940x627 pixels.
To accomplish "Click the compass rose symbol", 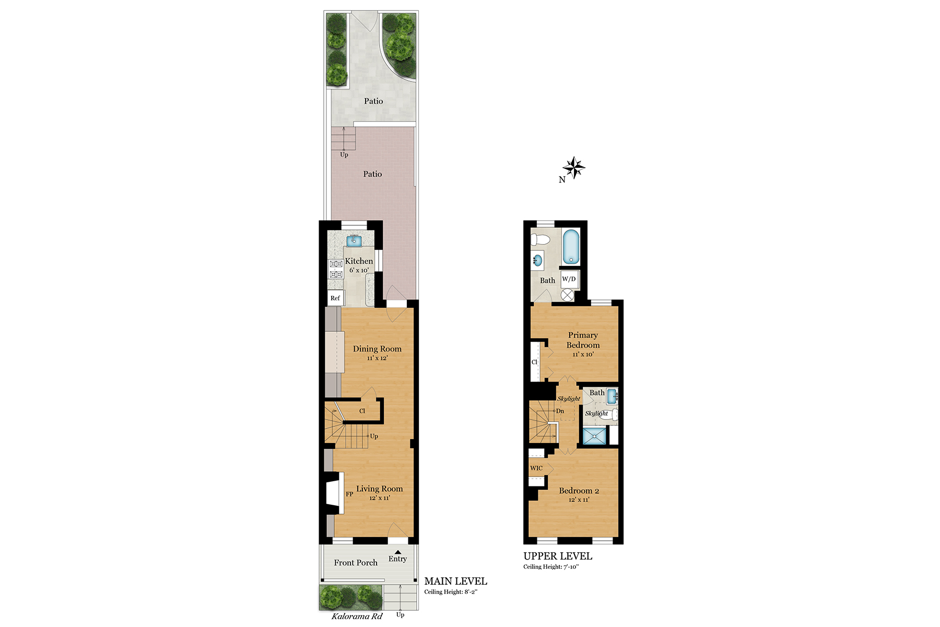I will pyautogui.click(x=574, y=168).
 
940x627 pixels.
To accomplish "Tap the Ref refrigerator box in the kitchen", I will pyautogui.click(x=335, y=298).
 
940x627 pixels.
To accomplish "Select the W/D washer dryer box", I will pyautogui.click(x=569, y=279).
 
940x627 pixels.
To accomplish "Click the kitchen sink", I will pyautogui.click(x=354, y=241).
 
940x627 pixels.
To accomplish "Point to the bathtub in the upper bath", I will pyautogui.click(x=571, y=247).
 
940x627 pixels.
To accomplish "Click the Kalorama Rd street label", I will pyautogui.click(x=357, y=617).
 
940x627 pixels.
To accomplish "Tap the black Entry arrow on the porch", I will pyautogui.click(x=397, y=552).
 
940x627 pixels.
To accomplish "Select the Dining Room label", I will pyautogui.click(x=377, y=349).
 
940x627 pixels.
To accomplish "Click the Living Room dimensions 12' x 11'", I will pyautogui.click(x=380, y=498).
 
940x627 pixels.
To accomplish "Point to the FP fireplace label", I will pyautogui.click(x=349, y=494).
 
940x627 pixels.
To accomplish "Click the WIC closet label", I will pyautogui.click(x=536, y=468).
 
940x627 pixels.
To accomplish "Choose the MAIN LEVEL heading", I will pyautogui.click(x=455, y=581).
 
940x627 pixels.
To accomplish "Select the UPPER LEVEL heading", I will pyautogui.click(x=558, y=556).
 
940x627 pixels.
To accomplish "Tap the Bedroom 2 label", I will pyautogui.click(x=579, y=491).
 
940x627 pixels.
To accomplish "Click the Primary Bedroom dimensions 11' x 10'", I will pyautogui.click(x=583, y=354).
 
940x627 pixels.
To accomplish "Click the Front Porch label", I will pyautogui.click(x=356, y=563).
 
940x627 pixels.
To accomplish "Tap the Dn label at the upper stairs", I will pyautogui.click(x=560, y=411).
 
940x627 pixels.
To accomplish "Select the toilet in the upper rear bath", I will pyautogui.click(x=540, y=240).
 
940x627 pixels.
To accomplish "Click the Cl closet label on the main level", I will pyautogui.click(x=362, y=411).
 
